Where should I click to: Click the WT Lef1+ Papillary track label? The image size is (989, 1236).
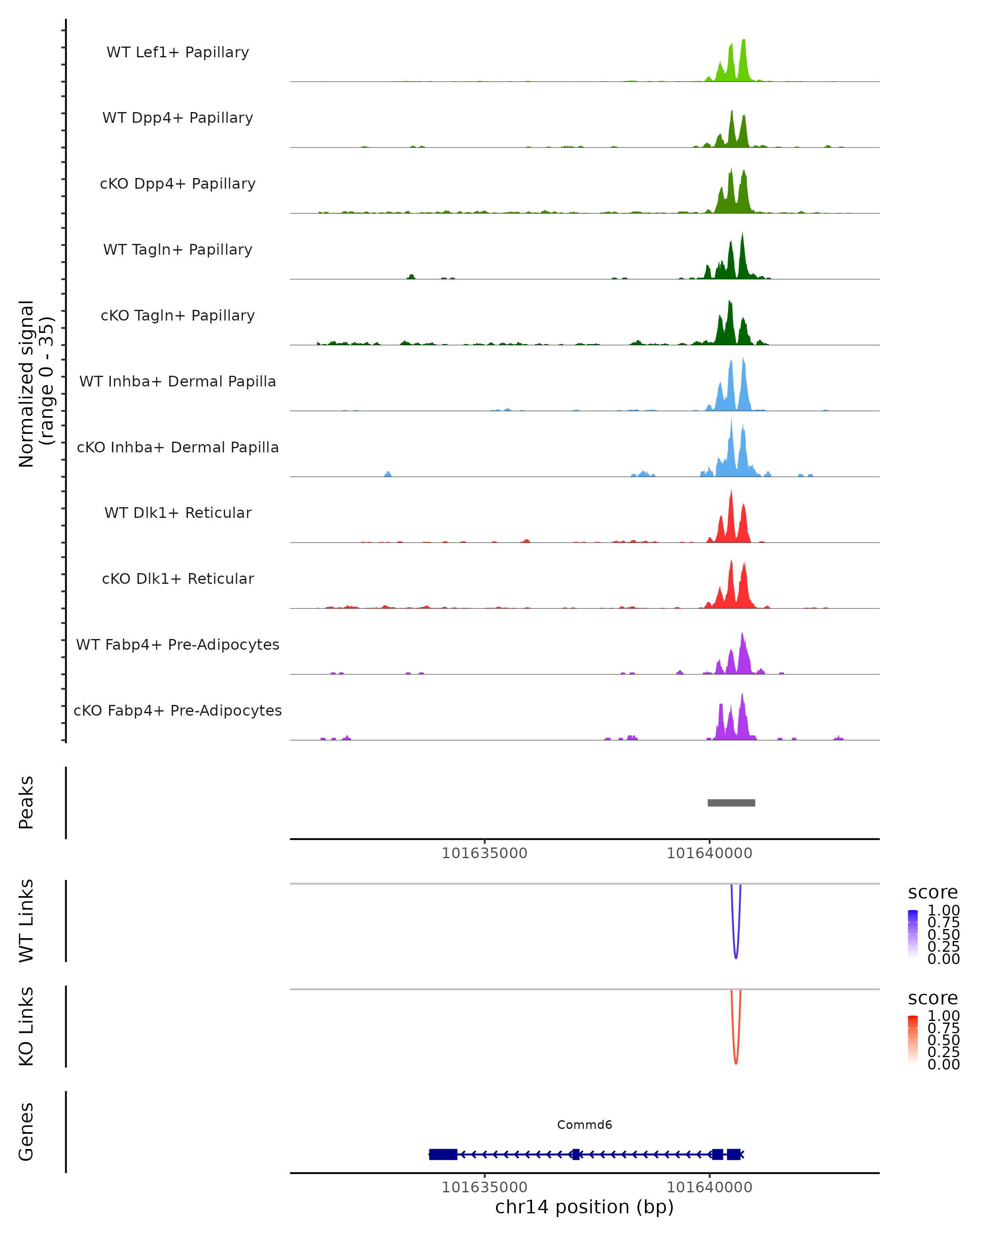pyautogui.click(x=178, y=52)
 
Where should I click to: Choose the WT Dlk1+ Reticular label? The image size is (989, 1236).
pyautogui.click(x=178, y=513)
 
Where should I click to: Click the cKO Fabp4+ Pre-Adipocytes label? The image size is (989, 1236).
pyautogui.click(x=178, y=710)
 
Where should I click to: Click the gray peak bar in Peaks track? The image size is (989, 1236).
pyautogui.click(x=731, y=803)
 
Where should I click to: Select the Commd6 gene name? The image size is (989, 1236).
pyautogui.click(x=584, y=1125)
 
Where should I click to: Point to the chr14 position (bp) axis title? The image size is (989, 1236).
pyautogui.click(x=584, y=1207)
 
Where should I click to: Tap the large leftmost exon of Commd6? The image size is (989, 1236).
pyautogui.click(x=443, y=1154)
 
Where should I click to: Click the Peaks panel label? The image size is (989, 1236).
pyautogui.click(x=26, y=803)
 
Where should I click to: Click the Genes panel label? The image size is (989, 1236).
pyautogui.click(x=26, y=1132)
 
